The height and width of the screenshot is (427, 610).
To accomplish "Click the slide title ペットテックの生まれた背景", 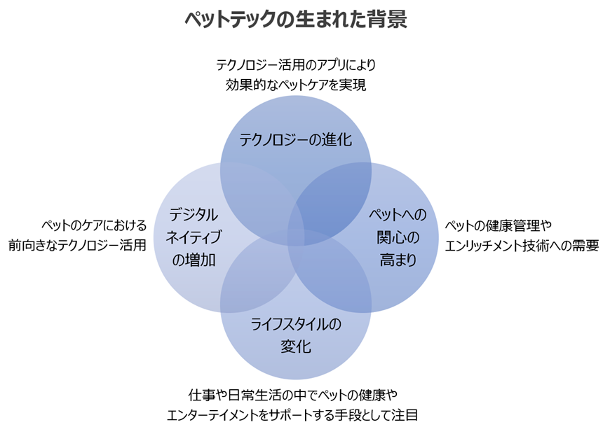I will click(x=295, y=19).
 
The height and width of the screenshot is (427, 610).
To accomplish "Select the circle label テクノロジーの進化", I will click(x=295, y=140).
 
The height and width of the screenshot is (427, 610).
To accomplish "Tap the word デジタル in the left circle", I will click(x=194, y=214).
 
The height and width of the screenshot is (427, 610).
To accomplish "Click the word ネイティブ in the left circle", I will click(x=194, y=237).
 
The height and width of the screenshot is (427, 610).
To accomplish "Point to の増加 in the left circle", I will click(x=194, y=260).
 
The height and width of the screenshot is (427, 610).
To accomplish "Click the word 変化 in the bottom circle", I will click(x=295, y=346).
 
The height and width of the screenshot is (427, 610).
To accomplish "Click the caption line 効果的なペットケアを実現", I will click(x=296, y=85).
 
